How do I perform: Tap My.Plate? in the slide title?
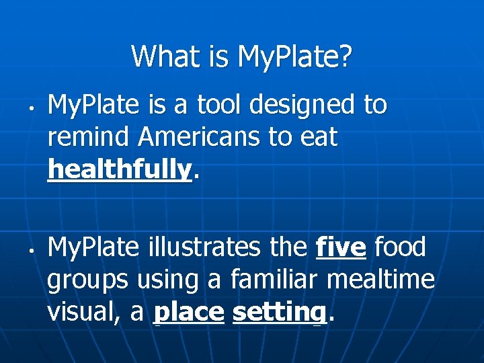click(x=294, y=56)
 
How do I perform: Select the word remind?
click(x=89, y=137)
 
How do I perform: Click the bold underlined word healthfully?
click(x=120, y=170)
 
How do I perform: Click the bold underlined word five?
click(x=341, y=247)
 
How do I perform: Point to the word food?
click(x=400, y=247)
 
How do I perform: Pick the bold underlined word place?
click(x=189, y=313)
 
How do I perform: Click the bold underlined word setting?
click(x=280, y=313)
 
